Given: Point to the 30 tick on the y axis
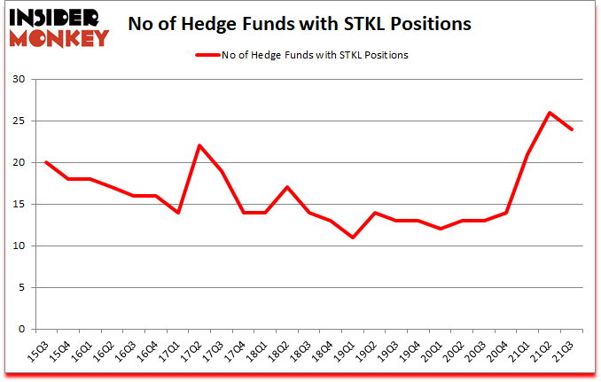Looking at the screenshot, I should (18, 80).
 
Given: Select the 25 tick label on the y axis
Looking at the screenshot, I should (18, 121).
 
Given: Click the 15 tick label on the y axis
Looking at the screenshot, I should (18, 205).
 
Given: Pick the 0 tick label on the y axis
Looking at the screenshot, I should (21, 330).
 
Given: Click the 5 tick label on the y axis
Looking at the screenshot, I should (21, 288).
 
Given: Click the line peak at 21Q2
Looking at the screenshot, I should (551, 113).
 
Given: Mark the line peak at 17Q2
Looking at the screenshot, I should (200, 145).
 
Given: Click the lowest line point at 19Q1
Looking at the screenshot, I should (354, 238).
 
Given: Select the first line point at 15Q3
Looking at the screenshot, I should (46, 162).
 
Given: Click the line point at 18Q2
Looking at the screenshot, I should (288, 187).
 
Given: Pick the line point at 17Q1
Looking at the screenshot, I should (178, 213).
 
